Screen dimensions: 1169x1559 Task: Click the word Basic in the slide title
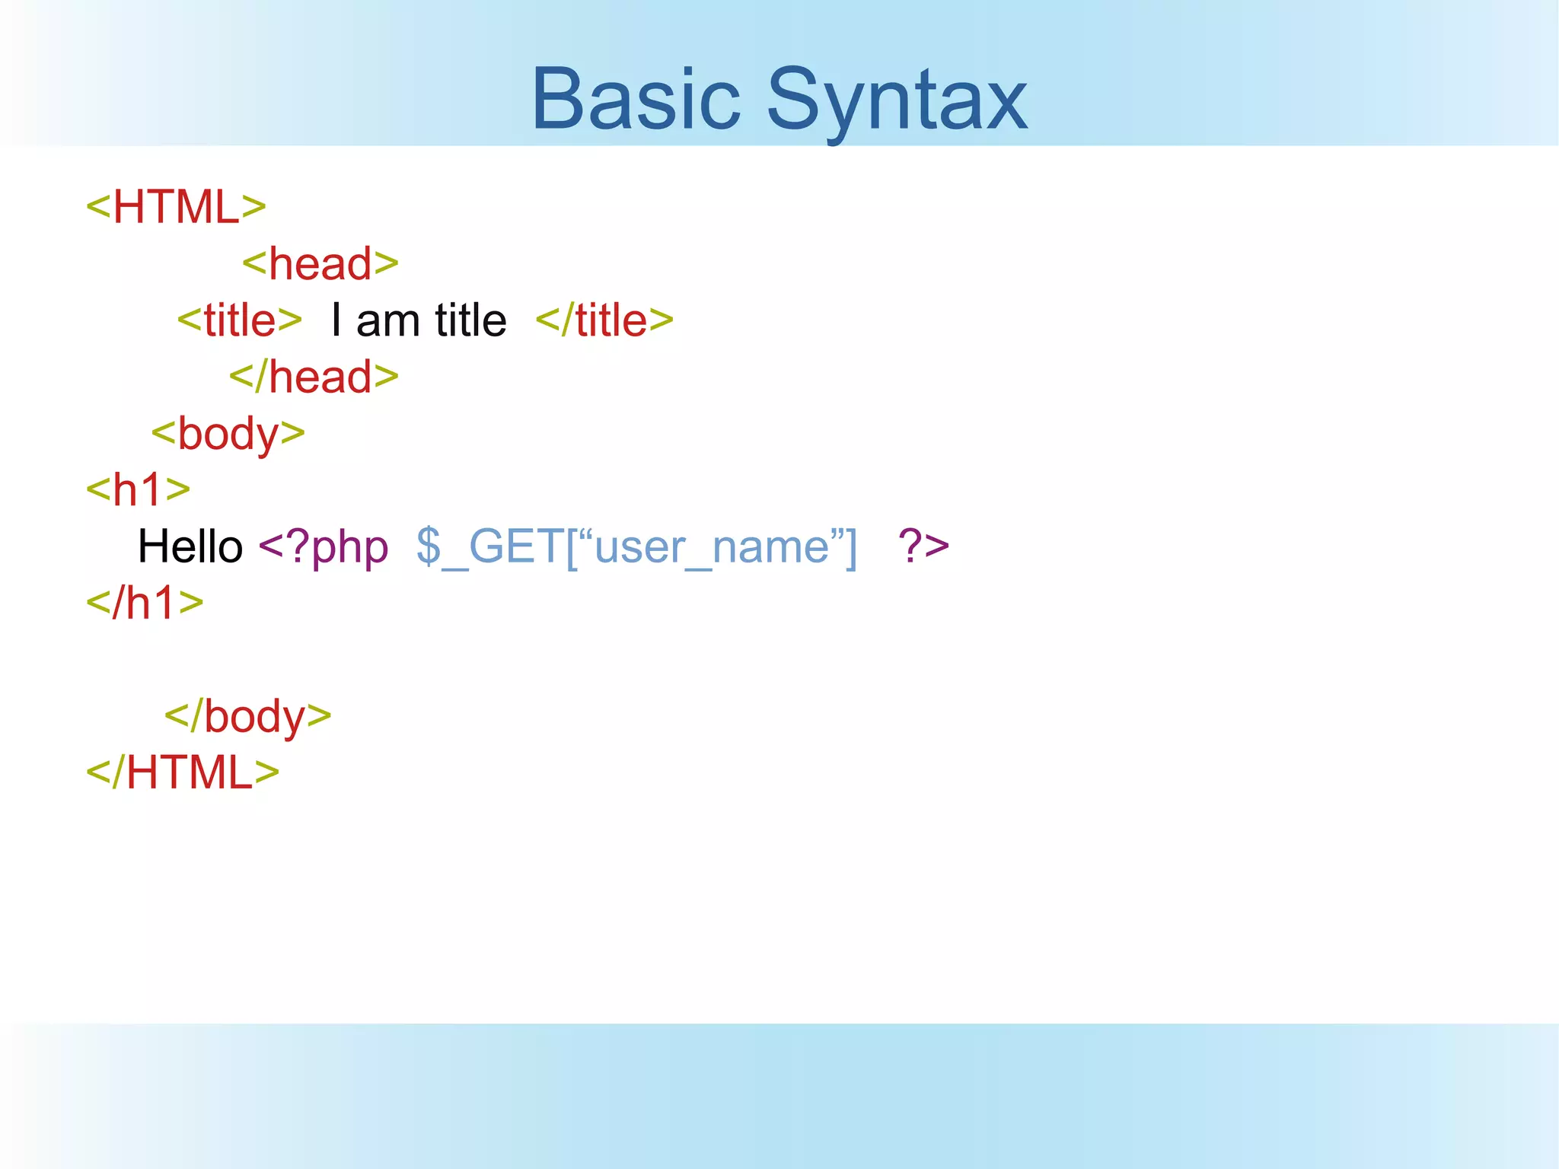tap(636, 99)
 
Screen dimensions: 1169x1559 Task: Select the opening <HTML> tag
tap(176, 206)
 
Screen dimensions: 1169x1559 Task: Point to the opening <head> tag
tap(320, 263)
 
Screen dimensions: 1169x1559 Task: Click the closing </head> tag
tap(314, 377)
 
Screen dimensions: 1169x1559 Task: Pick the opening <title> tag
tap(240, 320)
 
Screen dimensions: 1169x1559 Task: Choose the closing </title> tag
tap(604, 320)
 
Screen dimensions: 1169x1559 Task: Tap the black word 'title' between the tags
tap(470, 320)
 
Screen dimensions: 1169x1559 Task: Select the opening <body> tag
tap(228, 434)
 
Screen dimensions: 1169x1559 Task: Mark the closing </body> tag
tap(248, 716)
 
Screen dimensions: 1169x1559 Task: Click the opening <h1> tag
tap(138, 489)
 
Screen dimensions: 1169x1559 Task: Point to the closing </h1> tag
tap(145, 603)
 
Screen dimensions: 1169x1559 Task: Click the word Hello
tap(190, 546)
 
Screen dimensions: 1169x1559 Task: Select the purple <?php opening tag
tap(324, 546)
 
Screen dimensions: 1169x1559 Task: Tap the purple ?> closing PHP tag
tap(923, 546)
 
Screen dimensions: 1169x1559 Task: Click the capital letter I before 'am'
tap(336, 320)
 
